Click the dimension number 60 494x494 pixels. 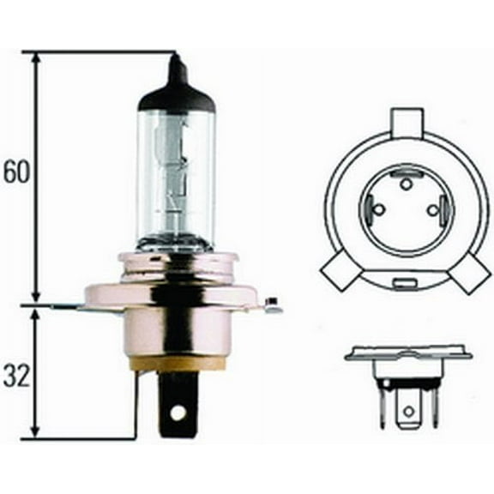pos(15,172)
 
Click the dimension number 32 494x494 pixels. pos(15,376)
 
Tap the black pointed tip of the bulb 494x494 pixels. pos(177,69)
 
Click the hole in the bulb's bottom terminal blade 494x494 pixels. pos(178,413)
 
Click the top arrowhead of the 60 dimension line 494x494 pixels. pos(36,58)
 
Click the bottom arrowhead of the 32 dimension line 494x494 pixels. pos(36,433)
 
